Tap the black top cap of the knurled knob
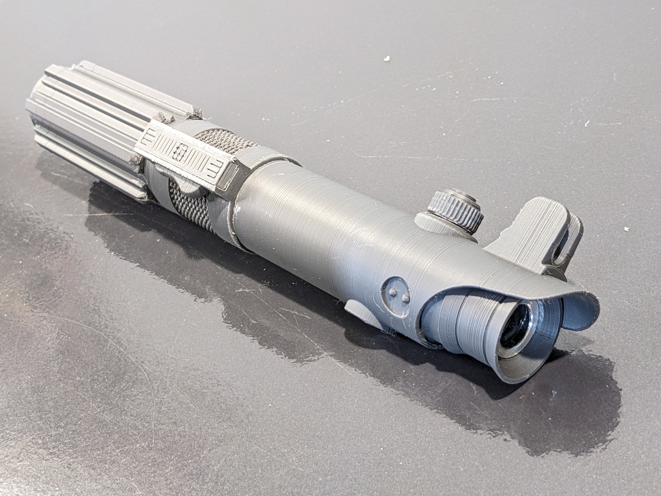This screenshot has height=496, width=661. pyautogui.click(x=459, y=194)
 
